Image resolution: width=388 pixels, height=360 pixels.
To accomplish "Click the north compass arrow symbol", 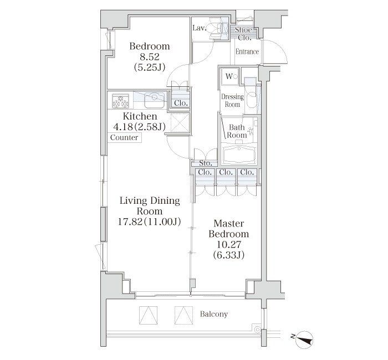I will (304, 336).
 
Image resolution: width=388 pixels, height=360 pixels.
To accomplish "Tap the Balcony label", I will (213, 314).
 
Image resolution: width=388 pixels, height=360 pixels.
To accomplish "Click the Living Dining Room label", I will (150, 206).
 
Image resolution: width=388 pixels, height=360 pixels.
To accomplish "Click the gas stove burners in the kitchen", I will (121, 101).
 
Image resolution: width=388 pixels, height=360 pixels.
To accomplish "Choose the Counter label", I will (124, 138).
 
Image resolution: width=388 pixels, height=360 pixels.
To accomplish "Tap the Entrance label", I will (247, 52).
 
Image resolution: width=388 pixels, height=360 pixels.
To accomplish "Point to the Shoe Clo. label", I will (244, 33).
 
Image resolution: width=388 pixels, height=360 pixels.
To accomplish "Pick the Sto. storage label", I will (205, 163).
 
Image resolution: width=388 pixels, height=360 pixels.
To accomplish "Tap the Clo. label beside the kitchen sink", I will (181, 103).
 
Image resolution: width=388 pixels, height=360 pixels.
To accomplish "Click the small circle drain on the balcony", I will (257, 329).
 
